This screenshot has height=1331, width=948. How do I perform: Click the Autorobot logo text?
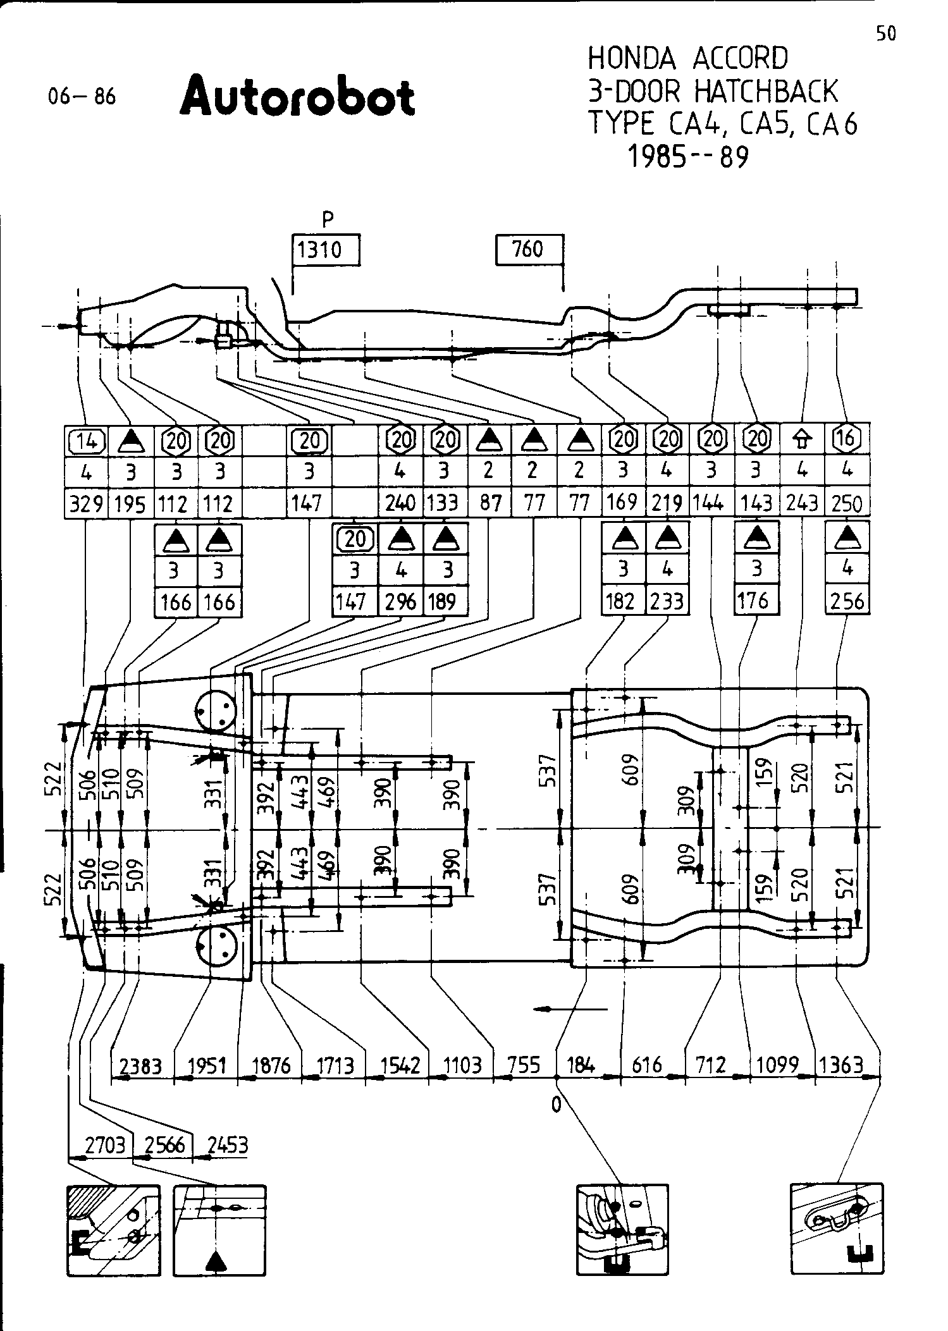click(x=297, y=97)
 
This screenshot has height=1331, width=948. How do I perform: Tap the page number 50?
click(x=886, y=34)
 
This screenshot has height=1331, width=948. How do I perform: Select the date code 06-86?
click(x=82, y=97)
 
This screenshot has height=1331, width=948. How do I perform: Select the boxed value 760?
click(x=528, y=249)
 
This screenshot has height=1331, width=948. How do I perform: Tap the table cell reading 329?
click(x=87, y=504)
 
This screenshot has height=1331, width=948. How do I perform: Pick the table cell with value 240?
click(x=400, y=503)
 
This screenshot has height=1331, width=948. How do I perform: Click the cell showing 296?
click(x=400, y=601)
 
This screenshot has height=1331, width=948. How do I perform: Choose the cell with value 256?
click(x=847, y=601)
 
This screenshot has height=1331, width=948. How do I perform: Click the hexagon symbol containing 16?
click(x=847, y=438)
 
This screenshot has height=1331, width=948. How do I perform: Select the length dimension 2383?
click(x=141, y=1066)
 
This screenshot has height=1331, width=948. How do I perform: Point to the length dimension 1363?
click(x=840, y=1065)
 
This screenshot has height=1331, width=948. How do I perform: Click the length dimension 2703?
click(x=104, y=1145)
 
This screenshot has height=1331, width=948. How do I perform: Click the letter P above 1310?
click(x=327, y=219)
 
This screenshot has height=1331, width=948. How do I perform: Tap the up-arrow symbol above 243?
click(x=803, y=439)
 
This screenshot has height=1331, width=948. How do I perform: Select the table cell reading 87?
click(x=490, y=503)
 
